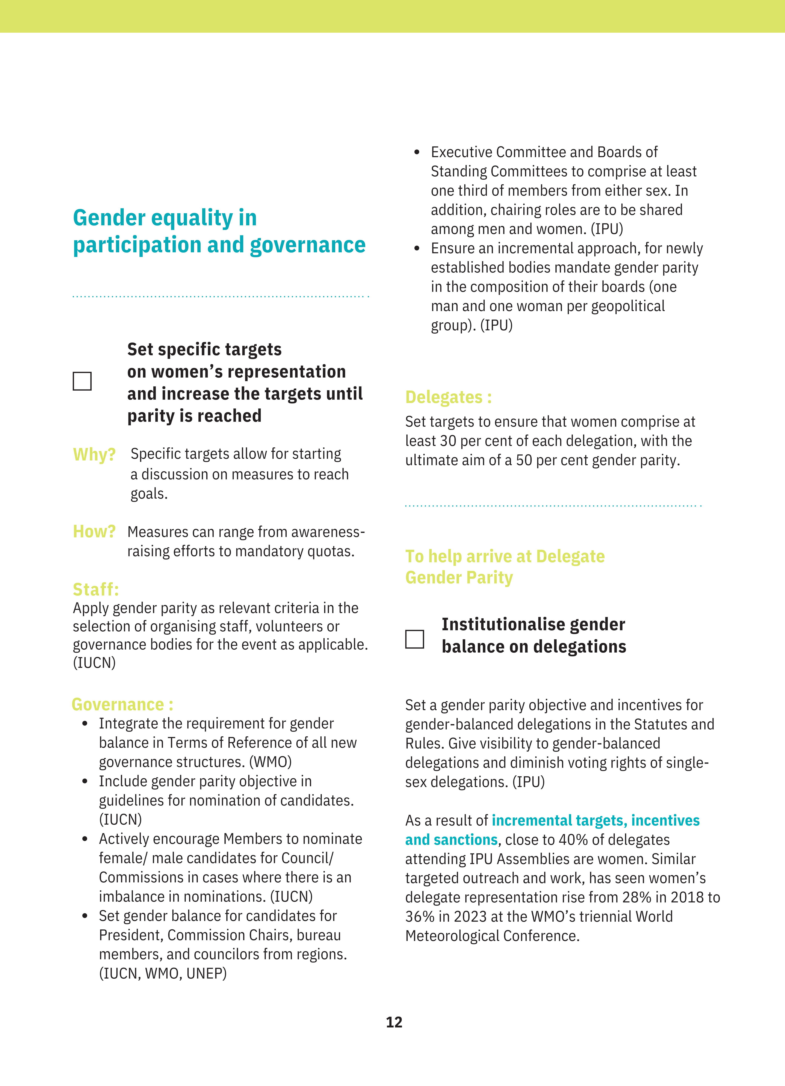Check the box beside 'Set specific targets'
coord(82,381)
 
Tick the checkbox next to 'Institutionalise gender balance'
coord(414,639)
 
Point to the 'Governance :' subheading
coord(122,704)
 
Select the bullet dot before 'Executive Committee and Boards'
coord(417,152)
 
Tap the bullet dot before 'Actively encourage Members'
coord(85,839)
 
